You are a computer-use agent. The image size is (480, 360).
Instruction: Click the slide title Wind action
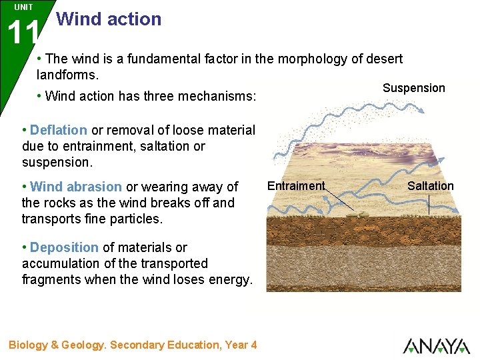109,19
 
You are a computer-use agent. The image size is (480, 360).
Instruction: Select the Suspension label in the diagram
413,88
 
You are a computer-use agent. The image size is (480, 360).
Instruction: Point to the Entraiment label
295,186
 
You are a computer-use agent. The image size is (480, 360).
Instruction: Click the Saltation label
430,186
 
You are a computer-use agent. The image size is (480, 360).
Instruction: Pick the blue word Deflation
59,130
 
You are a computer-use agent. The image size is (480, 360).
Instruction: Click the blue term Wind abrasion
76,187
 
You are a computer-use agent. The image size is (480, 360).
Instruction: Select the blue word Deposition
64,247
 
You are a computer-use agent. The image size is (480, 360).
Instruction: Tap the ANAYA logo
436,345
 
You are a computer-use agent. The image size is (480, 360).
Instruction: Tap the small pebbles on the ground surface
360,213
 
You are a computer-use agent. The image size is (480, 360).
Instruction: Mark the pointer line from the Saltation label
429,203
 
